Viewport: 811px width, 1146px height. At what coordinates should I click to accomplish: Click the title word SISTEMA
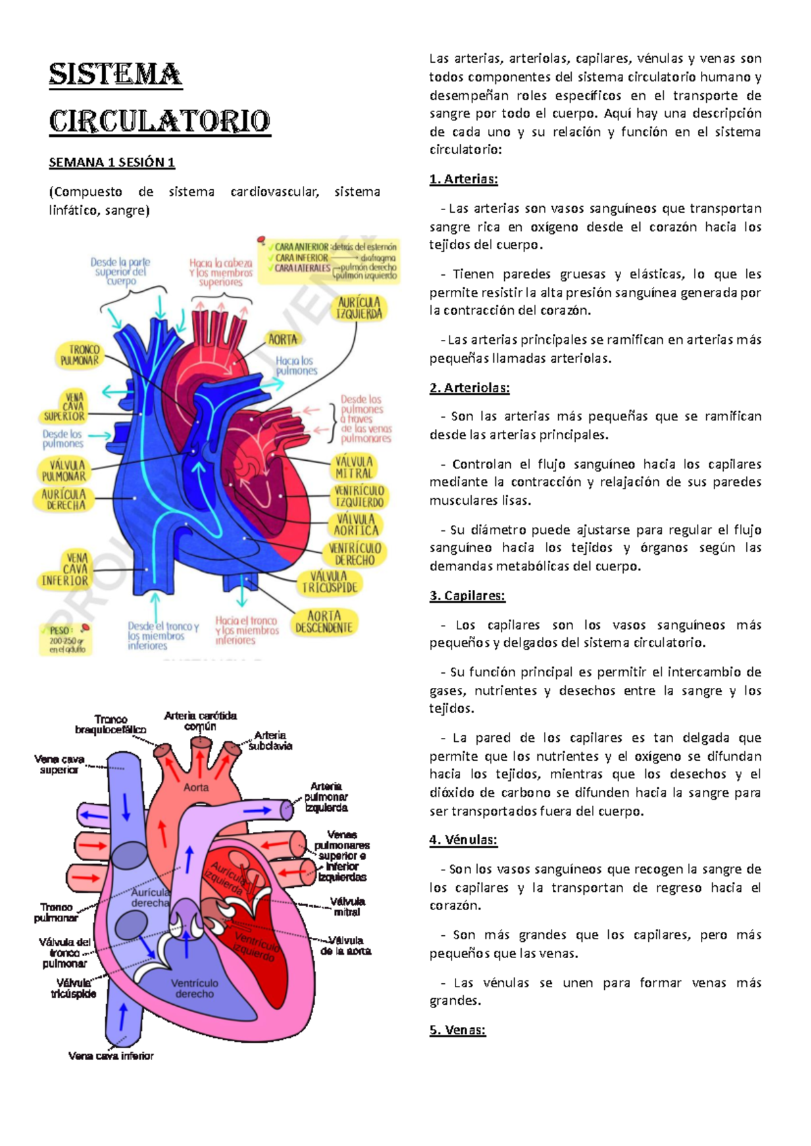click(115, 75)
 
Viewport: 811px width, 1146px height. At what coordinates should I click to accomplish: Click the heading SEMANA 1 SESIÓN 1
click(112, 162)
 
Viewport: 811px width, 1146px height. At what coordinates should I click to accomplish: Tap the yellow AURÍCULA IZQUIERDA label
click(359, 308)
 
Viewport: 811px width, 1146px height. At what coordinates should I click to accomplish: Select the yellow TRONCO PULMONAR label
click(80, 355)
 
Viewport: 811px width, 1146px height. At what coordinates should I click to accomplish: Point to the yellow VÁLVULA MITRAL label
click(353, 468)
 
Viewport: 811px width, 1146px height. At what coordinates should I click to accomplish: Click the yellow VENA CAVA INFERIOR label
click(65, 569)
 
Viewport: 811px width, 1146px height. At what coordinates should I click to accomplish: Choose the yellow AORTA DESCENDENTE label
click(324, 622)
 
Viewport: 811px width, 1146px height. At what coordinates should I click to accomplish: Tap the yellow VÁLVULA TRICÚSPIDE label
click(329, 582)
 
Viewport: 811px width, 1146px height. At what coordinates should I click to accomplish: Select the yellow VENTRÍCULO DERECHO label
click(355, 554)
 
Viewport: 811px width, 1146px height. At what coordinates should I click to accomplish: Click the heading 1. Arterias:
click(464, 179)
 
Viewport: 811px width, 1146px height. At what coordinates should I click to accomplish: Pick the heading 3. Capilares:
click(467, 596)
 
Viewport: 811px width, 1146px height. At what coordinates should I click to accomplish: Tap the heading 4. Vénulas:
click(463, 840)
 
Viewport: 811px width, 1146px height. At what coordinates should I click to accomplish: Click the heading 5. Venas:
click(458, 1030)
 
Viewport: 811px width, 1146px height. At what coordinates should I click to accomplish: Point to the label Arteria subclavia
click(270, 741)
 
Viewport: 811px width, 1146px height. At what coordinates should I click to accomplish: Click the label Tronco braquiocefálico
click(111, 724)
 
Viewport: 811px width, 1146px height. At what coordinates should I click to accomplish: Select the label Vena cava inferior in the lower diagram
click(111, 1055)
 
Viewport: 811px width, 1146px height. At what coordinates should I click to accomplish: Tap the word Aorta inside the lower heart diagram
click(196, 787)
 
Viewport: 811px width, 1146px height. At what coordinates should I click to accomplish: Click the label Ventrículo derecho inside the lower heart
click(195, 989)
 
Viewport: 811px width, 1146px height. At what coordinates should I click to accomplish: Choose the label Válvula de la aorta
click(346, 945)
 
